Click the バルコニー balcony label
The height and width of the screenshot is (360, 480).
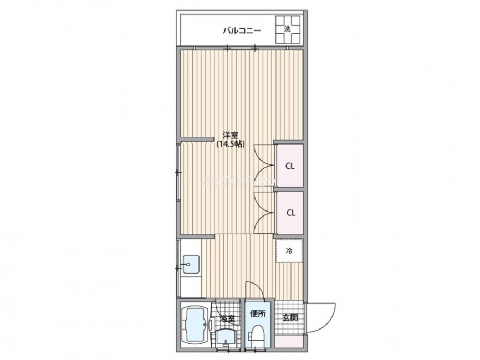point(242,30)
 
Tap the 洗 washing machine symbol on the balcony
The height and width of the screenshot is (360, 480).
point(288,30)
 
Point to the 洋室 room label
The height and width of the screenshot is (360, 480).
point(231,135)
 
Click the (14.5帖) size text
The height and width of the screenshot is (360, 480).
point(231,144)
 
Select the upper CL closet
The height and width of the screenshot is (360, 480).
point(290,166)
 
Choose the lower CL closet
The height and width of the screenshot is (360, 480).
point(290,213)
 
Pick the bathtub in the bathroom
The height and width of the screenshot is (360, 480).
point(195,327)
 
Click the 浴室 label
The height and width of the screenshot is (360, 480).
point(227,319)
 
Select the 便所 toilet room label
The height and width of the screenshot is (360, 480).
point(258,314)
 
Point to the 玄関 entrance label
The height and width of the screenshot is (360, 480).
point(289,318)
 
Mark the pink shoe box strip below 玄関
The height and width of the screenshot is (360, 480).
point(290,342)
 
